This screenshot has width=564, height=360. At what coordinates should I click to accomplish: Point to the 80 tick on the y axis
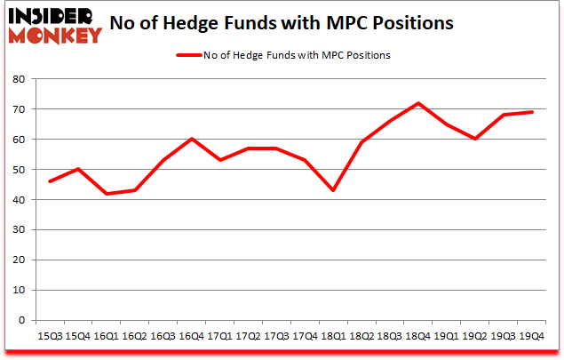pos(19,79)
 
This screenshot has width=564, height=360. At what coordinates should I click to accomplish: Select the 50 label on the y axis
pos(19,170)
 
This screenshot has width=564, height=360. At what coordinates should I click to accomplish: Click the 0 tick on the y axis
pos(21,320)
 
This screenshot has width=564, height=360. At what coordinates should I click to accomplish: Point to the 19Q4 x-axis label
pos(531,337)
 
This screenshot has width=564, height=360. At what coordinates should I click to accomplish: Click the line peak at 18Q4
pos(417,103)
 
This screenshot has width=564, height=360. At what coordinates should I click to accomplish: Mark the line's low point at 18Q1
pos(332,190)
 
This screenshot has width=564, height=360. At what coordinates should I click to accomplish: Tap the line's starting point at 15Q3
pos(49,181)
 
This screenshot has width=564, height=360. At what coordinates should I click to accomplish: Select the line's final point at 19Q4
pos(531,112)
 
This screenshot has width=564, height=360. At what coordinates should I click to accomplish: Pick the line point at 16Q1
pos(106,194)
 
